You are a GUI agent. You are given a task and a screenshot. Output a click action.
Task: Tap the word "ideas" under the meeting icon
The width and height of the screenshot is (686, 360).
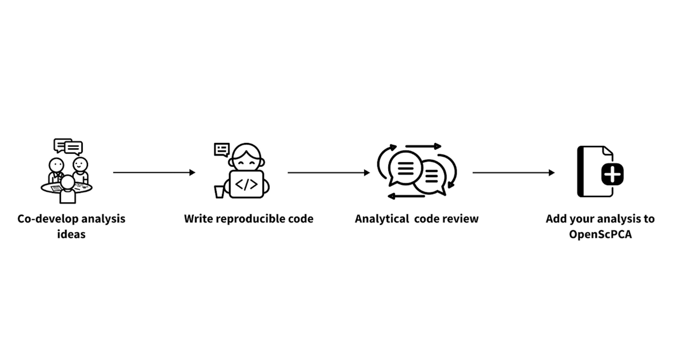click(71, 234)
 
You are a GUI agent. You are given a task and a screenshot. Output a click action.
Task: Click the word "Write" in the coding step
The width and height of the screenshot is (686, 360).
click(198, 219)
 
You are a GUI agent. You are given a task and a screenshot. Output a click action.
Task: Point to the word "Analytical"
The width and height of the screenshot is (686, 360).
click(382, 219)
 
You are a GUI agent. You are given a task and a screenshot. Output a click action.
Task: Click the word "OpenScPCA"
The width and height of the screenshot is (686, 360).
click(600, 234)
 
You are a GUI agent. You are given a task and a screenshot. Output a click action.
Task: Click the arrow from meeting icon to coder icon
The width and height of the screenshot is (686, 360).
click(154, 173)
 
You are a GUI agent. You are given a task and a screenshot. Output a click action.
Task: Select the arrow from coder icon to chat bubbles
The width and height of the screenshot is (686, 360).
click(329, 173)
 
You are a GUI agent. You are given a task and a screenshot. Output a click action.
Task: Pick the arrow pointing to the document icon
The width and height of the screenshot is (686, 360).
click(513, 173)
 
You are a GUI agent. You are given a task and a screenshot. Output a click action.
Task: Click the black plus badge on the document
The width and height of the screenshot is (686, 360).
click(612, 174)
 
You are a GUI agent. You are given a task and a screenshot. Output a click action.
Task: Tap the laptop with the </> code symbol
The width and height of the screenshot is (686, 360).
click(246, 184)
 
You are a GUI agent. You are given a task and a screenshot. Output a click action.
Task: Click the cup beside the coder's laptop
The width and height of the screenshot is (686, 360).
click(220, 192)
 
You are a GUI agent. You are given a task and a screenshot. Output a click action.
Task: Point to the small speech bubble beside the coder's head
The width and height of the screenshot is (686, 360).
click(222, 150)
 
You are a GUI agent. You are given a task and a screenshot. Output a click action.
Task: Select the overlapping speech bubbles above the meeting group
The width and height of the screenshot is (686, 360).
click(68, 147)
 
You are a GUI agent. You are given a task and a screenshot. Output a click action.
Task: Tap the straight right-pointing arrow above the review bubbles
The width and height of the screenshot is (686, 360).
click(423, 146)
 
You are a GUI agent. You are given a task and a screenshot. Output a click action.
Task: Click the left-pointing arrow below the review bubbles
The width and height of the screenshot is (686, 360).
click(406, 196)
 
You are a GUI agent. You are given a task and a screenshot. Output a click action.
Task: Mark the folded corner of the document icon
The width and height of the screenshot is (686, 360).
click(608, 151)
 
